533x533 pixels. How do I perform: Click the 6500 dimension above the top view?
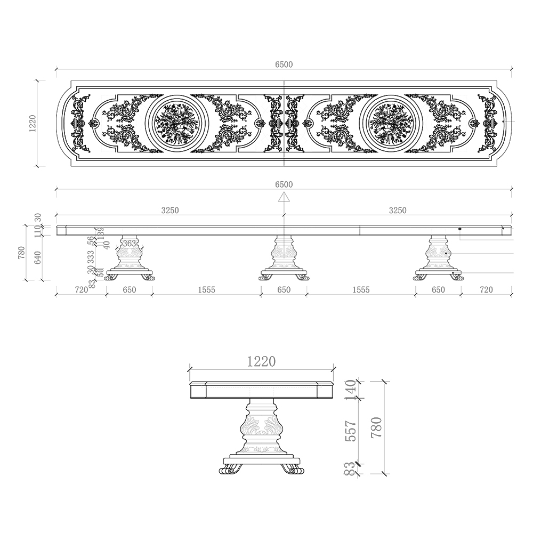(284, 64)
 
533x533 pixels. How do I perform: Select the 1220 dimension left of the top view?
(33, 123)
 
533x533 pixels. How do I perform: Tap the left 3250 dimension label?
(170, 211)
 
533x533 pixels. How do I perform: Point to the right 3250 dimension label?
(397, 211)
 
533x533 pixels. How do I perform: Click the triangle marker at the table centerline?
(284, 197)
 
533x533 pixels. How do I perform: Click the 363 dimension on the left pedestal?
(130, 244)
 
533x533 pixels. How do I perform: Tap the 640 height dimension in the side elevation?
(38, 257)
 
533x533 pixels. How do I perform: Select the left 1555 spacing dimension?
(206, 290)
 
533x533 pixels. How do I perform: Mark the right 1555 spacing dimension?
(361, 290)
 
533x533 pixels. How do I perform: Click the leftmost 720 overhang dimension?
(81, 290)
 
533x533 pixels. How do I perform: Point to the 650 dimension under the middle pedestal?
(284, 290)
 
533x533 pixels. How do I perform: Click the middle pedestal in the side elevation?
(284, 256)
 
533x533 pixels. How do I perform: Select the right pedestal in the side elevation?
(439, 256)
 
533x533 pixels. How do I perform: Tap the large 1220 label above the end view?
(261, 362)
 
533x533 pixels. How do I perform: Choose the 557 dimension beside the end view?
(350, 430)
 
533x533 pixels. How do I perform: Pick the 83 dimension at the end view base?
(350, 469)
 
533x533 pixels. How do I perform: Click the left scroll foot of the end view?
(230, 470)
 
